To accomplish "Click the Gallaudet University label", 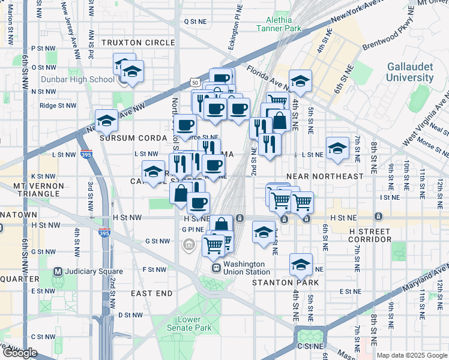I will click(410, 72).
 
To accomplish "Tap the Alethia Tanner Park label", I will click(279, 23).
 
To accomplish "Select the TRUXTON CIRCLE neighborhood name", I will click(137, 42).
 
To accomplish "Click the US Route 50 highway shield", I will click(195, 82).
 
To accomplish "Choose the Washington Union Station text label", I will click(243, 268).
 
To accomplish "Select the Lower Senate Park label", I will click(190, 324).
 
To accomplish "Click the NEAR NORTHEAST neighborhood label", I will click(325, 176).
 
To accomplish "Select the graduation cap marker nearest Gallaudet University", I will click(300, 82).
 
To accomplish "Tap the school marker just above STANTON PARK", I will click(301, 265).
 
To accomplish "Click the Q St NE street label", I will click(195, 21).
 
